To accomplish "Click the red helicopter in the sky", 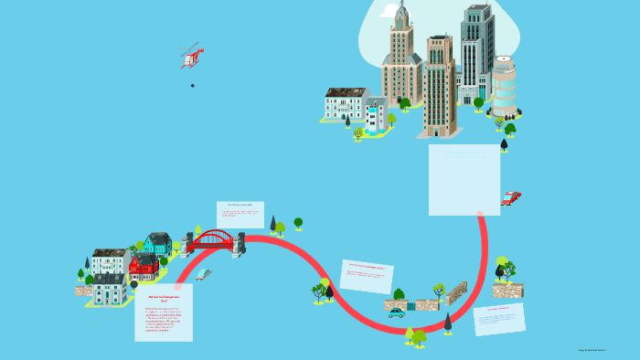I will [191, 57].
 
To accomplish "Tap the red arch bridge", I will [213, 241].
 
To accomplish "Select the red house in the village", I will [144, 267].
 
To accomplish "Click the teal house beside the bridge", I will [158, 244].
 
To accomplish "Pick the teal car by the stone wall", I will [396, 313].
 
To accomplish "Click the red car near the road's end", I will [510, 197].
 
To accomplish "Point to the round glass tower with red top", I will [504, 85].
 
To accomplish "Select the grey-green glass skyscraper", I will [476, 50].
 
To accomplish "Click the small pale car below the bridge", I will [203, 274].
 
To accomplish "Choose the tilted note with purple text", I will [499, 319].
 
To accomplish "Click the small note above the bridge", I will [240, 214].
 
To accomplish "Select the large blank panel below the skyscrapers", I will [464, 180].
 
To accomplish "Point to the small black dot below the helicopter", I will [192, 85].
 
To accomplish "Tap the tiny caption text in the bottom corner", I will [592, 350].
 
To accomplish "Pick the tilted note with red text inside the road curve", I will [367, 275].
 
